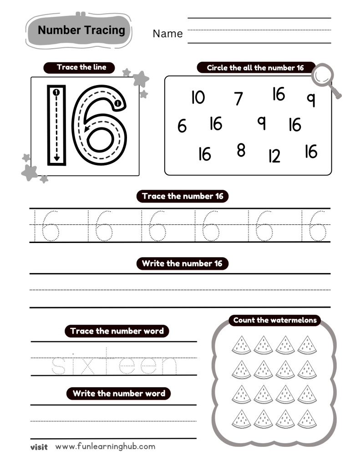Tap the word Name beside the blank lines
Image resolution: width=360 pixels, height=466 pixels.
167,34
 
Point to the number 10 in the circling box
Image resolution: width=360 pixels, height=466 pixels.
198,97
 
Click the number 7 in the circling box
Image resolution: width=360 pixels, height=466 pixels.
238,98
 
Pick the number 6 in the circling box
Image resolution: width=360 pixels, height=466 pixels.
182,126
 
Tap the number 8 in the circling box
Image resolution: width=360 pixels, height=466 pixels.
241,150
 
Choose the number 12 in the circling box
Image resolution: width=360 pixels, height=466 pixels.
274,156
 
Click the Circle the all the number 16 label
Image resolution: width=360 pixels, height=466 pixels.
255,68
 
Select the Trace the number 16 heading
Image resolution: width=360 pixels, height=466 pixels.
183,197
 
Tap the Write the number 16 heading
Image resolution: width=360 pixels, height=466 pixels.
183,263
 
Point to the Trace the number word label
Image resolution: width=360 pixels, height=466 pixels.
117,331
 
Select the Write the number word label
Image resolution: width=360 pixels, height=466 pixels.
119,394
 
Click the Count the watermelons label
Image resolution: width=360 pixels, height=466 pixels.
274,320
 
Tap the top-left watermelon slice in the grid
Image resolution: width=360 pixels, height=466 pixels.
241,345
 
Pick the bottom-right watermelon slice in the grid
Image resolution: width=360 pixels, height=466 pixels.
307,419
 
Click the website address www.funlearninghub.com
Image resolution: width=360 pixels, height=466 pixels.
105,446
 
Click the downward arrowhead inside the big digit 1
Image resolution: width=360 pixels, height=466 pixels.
56,158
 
